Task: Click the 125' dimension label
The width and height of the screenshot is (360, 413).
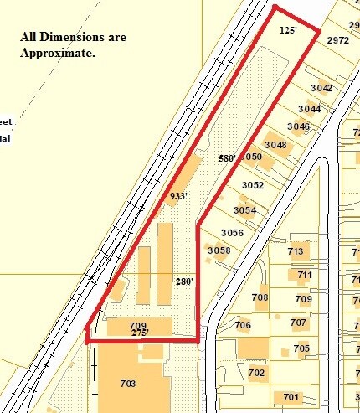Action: click(x=289, y=30)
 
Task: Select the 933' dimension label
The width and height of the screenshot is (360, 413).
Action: click(x=177, y=196)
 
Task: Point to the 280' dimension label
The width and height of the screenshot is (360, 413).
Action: click(x=184, y=281)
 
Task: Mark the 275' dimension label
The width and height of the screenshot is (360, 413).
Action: click(x=139, y=333)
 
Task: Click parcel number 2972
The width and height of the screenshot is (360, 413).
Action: click(x=338, y=40)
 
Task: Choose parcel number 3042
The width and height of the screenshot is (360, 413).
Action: click(x=321, y=88)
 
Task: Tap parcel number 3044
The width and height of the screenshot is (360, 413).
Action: click(x=309, y=109)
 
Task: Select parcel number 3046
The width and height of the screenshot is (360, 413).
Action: click(x=298, y=127)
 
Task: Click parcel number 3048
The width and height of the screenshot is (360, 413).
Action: click(x=275, y=145)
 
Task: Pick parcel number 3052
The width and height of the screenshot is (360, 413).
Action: click(x=253, y=185)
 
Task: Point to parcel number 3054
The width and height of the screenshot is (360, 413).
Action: click(x=244, y=210)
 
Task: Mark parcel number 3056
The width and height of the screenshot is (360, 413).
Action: click(x=232, y=233)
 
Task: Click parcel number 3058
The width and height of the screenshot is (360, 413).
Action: click(x=219, y=250)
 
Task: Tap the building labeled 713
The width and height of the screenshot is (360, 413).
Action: click(x=296, y=251)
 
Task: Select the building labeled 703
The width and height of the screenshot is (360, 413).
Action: click(x=128, y=383)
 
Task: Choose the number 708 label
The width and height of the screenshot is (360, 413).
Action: click(x=260, y=297)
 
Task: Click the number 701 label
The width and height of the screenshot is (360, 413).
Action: click(x=291, y=397)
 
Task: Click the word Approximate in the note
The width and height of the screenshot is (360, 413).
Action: click(x=58, y=53)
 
